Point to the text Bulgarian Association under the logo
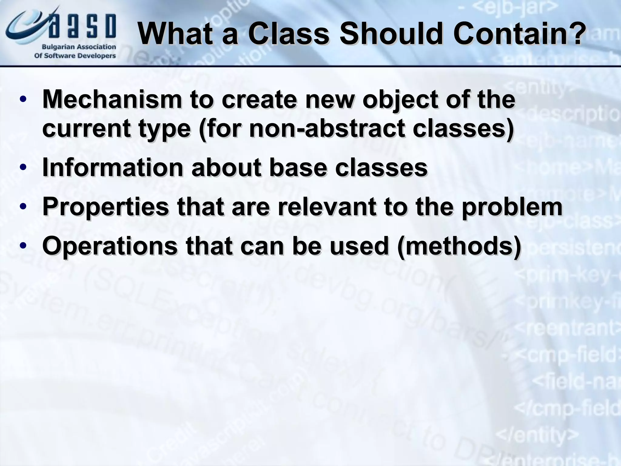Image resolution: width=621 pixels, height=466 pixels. click(x=79, y=47)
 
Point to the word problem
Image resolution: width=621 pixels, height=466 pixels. click(x=512, y=208)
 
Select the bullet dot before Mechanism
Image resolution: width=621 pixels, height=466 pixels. click(x=23, y=100)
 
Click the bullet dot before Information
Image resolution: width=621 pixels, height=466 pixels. click(x=23, y=168)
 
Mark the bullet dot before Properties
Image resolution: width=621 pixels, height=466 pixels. click(x=23, y=207)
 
